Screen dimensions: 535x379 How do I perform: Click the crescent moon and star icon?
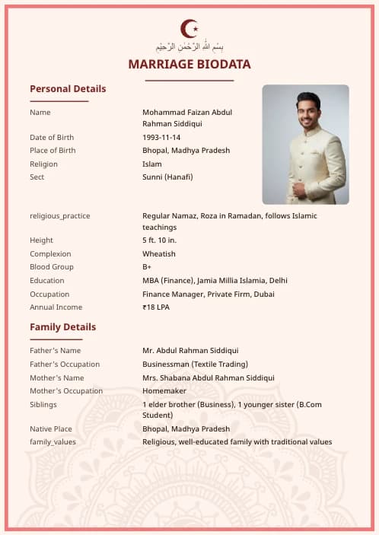tap(189, 29)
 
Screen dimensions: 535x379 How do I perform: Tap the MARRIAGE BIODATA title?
tap(189, 65)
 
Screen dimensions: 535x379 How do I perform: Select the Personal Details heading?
tap(68, 89)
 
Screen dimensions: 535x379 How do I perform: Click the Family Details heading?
tap(62, 327)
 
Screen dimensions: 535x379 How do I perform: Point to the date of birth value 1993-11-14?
tap(161, 137)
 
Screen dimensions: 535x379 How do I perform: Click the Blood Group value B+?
tap(147, 267)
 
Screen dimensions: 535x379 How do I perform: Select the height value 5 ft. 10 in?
tap(158, 240)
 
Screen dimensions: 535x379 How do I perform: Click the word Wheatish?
tap(158, 254)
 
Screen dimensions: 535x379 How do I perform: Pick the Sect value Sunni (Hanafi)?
tap(167, 177)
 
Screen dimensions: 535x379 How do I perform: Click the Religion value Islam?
tap(151, 164)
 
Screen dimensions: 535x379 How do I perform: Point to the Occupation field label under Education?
tap(49, 295)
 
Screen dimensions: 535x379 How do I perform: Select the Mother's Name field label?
tap(57, 378)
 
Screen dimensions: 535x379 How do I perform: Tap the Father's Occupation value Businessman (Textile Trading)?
tap(195, 365)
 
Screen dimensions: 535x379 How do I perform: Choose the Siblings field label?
tap(43, 405)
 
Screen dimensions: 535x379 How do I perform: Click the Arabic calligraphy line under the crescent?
tap(189, 46)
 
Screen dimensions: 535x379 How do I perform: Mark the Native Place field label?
tap(51, 429)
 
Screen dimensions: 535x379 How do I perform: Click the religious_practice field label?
tap(60, 216)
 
